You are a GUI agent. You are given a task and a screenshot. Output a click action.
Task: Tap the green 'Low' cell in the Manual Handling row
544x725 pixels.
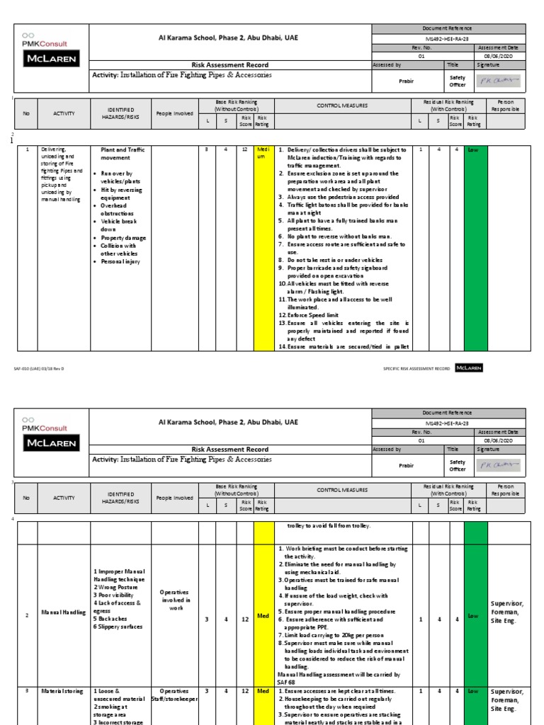(x=472, y=616)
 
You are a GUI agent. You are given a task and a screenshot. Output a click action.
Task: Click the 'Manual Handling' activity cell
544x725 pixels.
(x=59, y=616)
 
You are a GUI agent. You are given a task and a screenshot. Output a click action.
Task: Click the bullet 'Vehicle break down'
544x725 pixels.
(x=118, y=225)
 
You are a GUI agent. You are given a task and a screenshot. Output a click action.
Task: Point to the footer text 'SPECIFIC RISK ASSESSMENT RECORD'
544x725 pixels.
(x=416, y=368)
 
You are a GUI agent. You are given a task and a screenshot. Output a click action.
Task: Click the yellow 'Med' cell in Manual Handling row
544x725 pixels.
(x=263, y=616)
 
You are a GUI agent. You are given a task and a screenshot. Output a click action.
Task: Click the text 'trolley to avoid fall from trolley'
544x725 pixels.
(x=329, y=526)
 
